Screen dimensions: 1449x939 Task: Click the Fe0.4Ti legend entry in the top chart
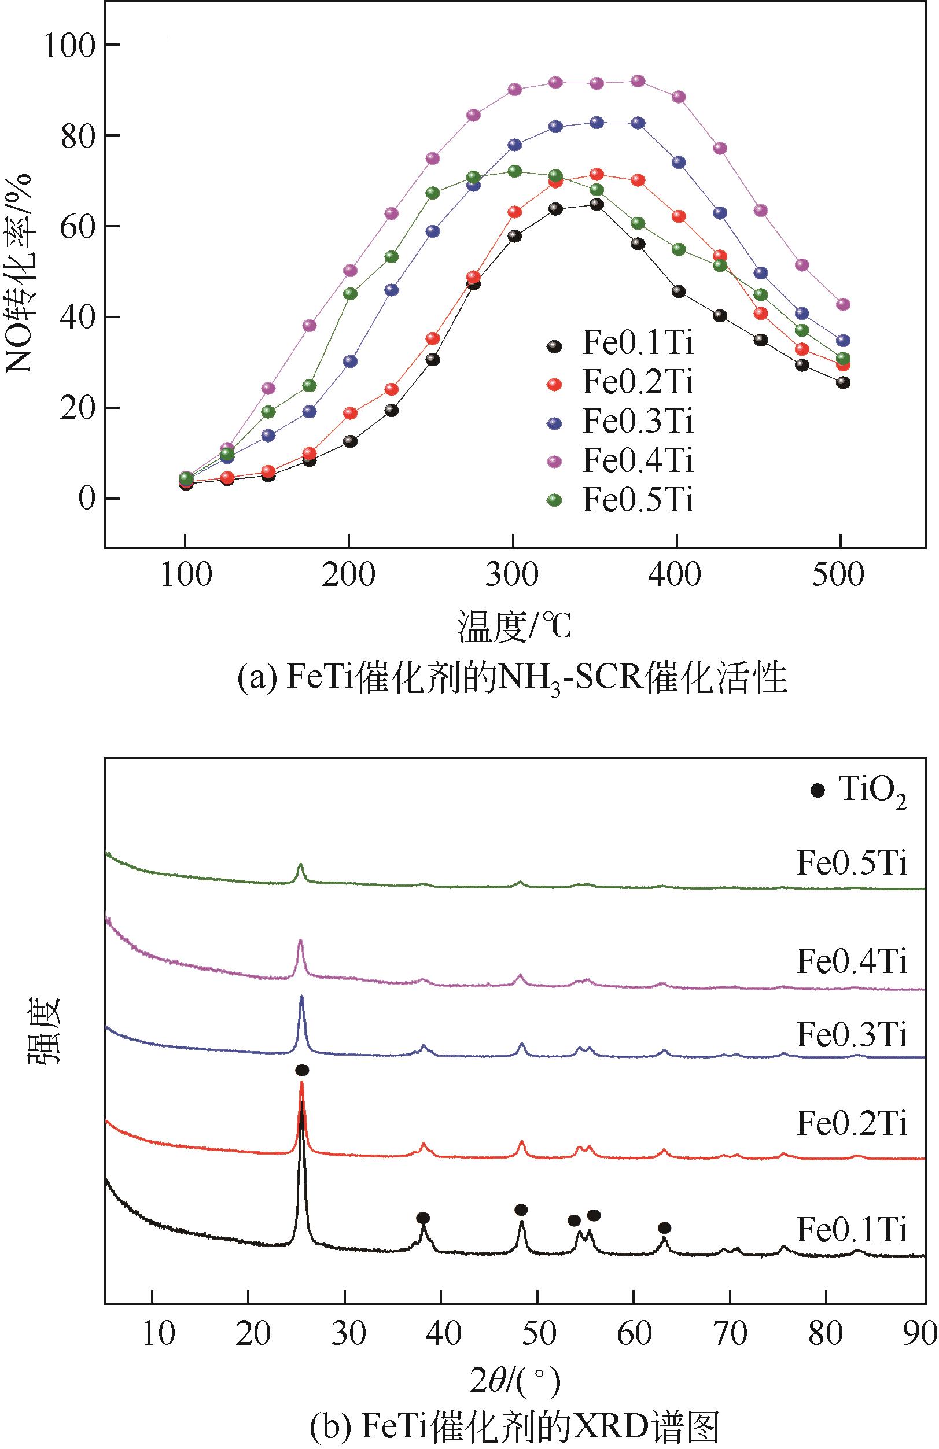tap(638, 461)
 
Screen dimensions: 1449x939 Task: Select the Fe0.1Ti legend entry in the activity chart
tap(638, 344)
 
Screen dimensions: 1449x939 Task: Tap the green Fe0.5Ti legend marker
tap(554, 500)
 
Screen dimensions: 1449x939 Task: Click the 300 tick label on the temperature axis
tap(513, 575)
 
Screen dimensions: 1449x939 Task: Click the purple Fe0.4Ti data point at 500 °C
tap(843, 304)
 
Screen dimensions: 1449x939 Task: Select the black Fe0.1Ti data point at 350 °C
tap(596, 205)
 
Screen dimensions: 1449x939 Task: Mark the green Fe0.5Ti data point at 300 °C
tap(514, 172)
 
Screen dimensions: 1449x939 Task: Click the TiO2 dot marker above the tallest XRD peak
tap(302, 1070)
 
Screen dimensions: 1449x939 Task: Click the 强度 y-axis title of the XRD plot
tap(43, 1029)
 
